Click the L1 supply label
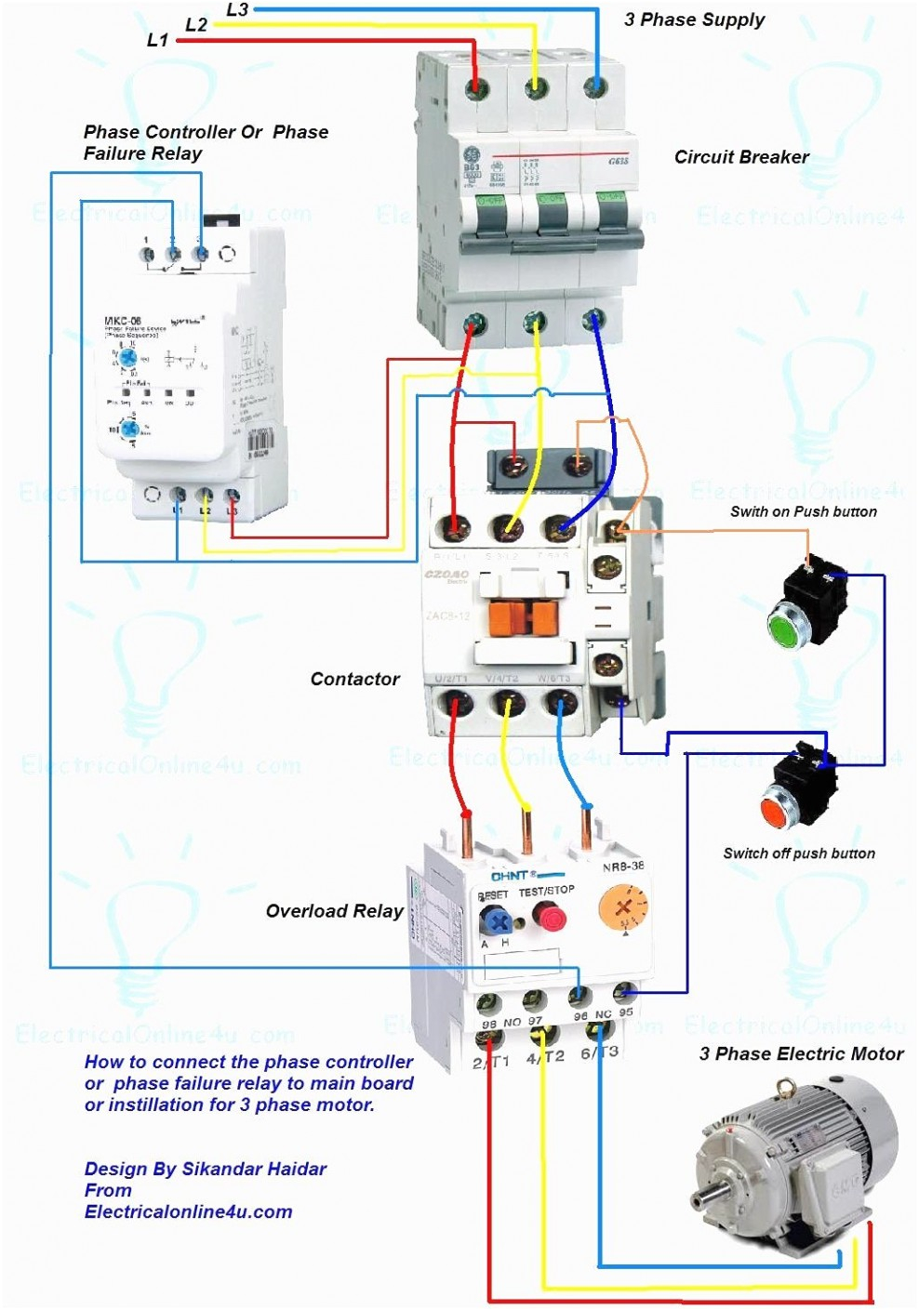pos(158,40)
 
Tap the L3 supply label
pos(237,10)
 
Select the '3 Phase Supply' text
pos(694,20)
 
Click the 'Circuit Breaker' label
pos(741,157)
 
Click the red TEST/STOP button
pos(550,919)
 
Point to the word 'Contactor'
pos(354,680)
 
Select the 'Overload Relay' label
pos(334,911)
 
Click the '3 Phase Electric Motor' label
pos(801,1053)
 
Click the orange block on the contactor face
pos(523,617)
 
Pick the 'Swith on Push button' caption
pos(803,511)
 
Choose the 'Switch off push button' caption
pos(799,853)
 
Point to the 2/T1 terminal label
pos(490,1062)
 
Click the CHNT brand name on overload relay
pos(510,876)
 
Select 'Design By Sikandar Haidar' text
pos(206,1169)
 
